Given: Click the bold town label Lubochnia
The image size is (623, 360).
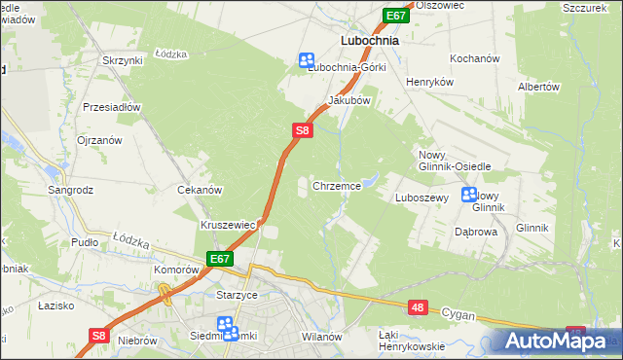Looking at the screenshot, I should (371, 42).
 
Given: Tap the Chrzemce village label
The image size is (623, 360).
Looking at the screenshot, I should (338, 185).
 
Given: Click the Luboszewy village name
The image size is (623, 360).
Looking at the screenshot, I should (421, 198).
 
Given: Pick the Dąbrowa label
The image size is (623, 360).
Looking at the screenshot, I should (476, 233).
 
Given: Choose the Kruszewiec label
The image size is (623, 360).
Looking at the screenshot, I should (228, 225).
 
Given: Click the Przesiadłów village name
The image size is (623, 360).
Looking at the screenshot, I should (113, 107).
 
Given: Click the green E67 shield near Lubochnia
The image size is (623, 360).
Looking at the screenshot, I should (395, 17).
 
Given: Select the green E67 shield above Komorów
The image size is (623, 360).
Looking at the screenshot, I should (219, 259).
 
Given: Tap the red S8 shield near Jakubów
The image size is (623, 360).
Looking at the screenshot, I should (303, 129).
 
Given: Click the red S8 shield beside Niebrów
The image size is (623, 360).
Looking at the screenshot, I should (98, 336).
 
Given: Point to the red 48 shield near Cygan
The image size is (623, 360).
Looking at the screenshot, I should (418, 307).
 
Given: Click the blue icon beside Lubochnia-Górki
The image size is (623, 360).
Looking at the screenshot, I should (307, 60).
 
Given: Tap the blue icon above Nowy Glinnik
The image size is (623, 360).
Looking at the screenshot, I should (468, 194).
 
